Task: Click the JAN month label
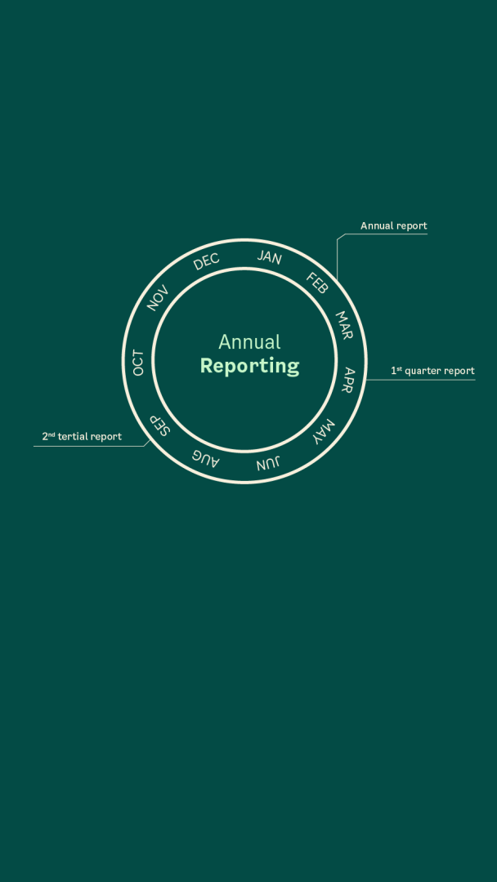click(269, 257)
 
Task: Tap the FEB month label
click(317, 283)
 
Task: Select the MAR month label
click(344, 324)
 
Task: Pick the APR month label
click(349, 380)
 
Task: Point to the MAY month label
click(324, 431)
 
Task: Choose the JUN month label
click(268, 464)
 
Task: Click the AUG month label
click(205, 457)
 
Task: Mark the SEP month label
click(159, 426)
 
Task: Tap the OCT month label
click(138, 363)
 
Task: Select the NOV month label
click(158, 298)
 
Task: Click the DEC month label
click(206, 262)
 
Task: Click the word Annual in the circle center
click(249, 342)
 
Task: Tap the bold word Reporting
click(249, 366)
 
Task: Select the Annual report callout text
click(394, 226)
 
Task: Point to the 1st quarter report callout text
click(432, 371)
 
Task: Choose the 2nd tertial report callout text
click(82, 437)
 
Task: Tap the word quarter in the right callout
click(423, 371)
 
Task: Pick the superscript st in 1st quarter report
click(399, 368)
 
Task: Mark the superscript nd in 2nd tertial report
click(51, 434)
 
